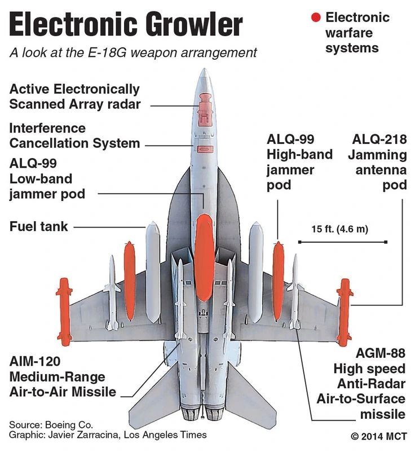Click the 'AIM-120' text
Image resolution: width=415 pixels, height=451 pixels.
(x=35, y=361)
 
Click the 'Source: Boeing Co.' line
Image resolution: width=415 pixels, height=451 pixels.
(x=51, y=424)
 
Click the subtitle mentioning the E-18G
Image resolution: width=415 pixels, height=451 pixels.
(x=133, y=52)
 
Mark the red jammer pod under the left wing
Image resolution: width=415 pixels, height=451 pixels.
(x=130, y=279)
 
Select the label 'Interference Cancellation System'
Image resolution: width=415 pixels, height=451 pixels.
(x=74, y=135)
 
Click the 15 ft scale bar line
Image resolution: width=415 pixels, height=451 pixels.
(x=342, y=242)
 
